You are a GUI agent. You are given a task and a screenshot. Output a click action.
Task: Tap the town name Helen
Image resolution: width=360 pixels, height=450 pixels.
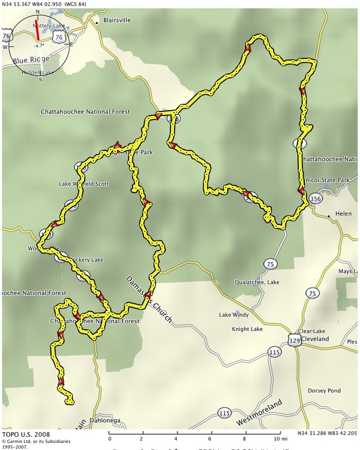[343, 213]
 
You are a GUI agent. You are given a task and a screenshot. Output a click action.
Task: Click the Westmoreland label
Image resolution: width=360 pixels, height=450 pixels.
[259, 412]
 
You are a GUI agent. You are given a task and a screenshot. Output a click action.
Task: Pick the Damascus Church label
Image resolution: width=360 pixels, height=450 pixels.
[149, 300]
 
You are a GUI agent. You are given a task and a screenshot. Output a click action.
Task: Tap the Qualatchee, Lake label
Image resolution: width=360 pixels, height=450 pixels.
[256, 282]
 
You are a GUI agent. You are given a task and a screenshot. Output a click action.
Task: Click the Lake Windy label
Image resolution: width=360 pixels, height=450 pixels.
[234, 314]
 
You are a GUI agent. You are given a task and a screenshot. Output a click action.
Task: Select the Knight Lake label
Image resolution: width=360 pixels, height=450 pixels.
[247, 329]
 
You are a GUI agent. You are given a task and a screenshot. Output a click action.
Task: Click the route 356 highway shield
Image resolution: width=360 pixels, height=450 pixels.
[316, 200]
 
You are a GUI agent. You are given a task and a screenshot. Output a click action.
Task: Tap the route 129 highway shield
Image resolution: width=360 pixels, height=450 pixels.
[294, 340]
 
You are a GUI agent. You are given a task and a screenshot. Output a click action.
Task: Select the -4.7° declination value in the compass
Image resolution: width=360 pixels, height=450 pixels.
[40, 46]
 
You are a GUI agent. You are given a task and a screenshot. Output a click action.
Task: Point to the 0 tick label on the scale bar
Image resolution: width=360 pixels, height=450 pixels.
[110, 439]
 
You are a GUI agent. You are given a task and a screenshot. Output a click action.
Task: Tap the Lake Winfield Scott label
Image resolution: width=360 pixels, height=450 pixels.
[83, 184]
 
